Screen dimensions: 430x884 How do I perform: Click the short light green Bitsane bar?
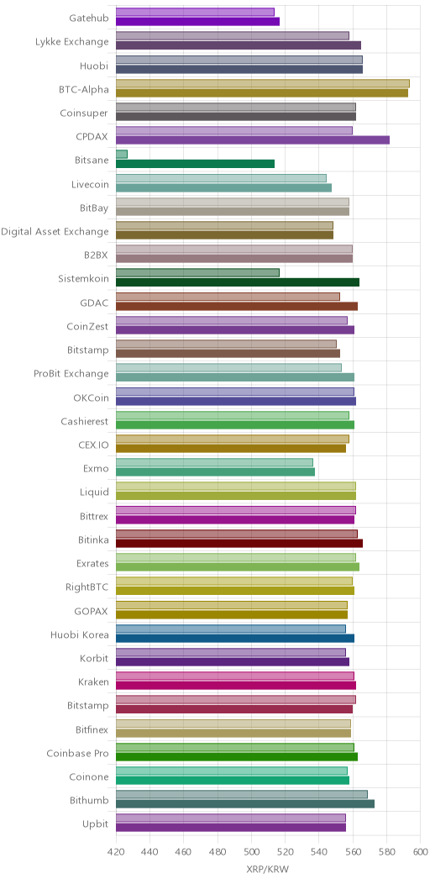[x=122, y=154]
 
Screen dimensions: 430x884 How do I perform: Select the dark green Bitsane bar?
[x=195, y=164]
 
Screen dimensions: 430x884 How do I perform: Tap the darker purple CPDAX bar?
[x=253, y=139]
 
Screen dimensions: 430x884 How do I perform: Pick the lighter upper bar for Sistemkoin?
[x=198, y=272]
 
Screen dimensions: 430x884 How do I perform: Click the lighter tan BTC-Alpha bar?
[x=263, y=83]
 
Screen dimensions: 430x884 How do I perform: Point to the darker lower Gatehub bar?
[x=198, y=21]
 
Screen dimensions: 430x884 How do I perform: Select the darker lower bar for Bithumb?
[x=245, y=804]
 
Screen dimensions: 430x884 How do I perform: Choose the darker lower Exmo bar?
[x=215, y=472]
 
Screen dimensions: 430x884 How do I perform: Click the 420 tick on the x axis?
[x=116, y=846]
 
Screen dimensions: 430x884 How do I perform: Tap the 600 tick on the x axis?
[x=421, y=846]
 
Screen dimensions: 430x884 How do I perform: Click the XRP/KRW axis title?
[x=268, y=870]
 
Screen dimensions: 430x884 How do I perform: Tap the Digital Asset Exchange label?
[x=55, y=232]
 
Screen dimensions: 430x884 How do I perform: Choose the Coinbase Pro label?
[x=78, y=753]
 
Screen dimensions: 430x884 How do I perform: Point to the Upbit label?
[x=96, y=824]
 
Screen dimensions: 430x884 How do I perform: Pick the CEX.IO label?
[x=94, y=445]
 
